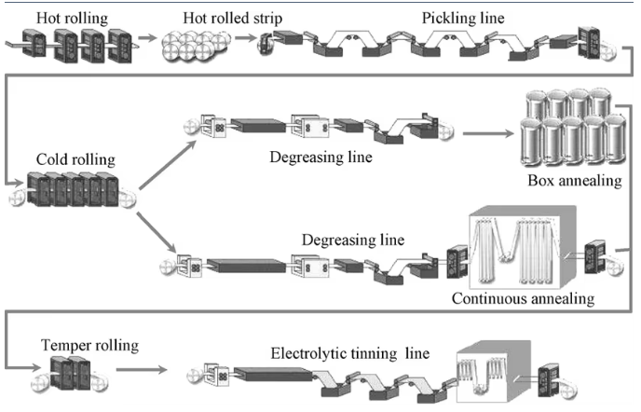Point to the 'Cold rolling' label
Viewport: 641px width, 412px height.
pos(67,159)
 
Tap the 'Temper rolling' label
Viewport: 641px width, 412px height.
pos(89,345)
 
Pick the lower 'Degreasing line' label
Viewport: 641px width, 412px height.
pos(352,240)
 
